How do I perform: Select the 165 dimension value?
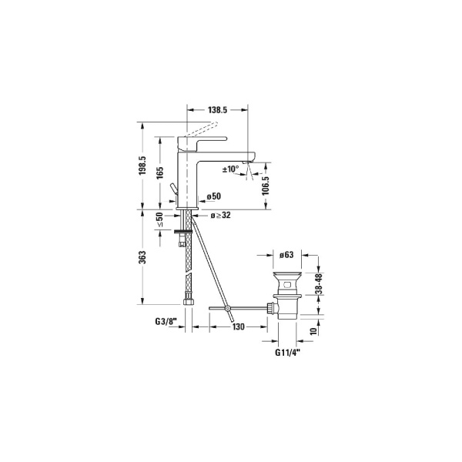tap(159, 172)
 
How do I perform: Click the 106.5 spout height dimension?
tap(266, 185)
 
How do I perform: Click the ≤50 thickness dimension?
tap(160, 220)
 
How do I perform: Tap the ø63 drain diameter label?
tap(287, 253)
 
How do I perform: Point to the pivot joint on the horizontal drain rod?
tap(229, 309)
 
